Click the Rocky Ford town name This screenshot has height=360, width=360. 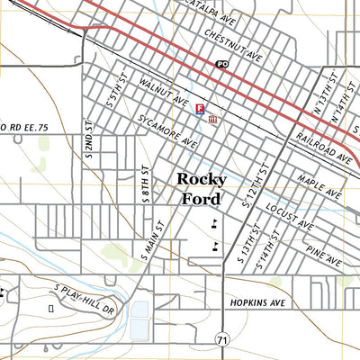point(202,189)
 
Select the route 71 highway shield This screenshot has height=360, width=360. point(221,337)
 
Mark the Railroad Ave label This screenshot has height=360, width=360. point(319,148)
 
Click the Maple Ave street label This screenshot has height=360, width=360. point(319,187)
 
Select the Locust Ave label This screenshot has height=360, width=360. point(289,215)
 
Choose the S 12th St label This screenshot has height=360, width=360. point(256,184)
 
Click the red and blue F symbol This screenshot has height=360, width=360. point(199,108)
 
